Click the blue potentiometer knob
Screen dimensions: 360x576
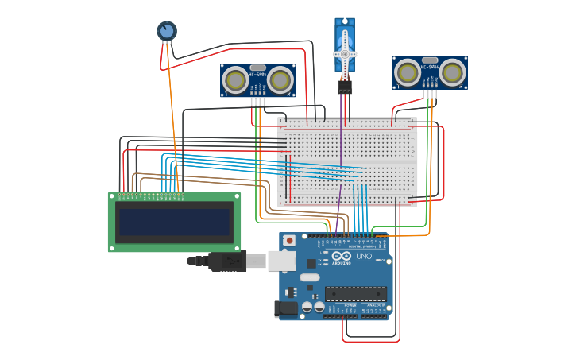(x=166, y=31)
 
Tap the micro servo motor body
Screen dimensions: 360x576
(x=345, y=36)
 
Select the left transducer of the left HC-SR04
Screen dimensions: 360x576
(x=235, y=79)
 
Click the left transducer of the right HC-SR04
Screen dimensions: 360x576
(x=408, y=73)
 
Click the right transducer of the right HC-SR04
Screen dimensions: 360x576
(x=452, y=73)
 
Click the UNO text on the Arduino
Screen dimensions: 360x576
(x=363, y=256)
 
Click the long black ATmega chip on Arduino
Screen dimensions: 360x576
(x=355, y=293)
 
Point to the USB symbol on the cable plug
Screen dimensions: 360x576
(x=230, y=260)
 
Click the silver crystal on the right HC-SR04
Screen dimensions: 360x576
(x=430, y=60)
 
